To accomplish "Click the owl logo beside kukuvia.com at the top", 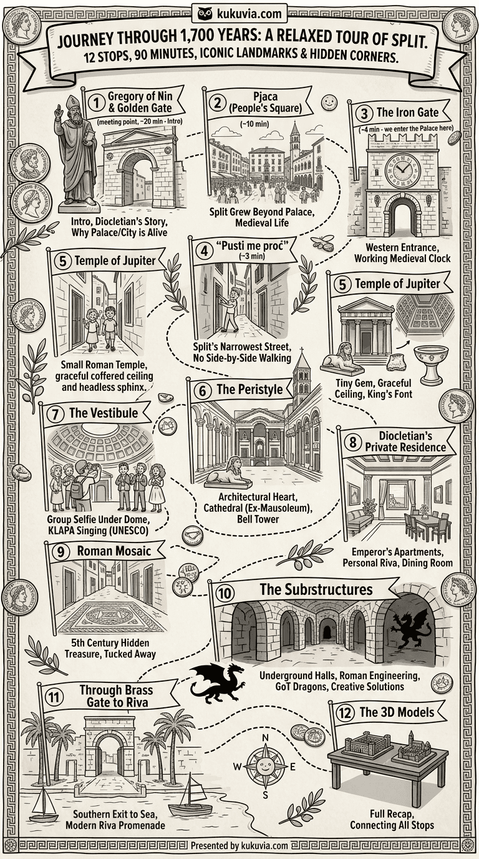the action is pyautogui.click(x=205, y=14).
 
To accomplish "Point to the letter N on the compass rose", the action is pyautogui.click(x=265, y=738).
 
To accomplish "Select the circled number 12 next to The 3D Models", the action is pyautogui.click(x=344, y=714).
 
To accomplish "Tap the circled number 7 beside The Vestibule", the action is pyautogui.click(x=56, y=415).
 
